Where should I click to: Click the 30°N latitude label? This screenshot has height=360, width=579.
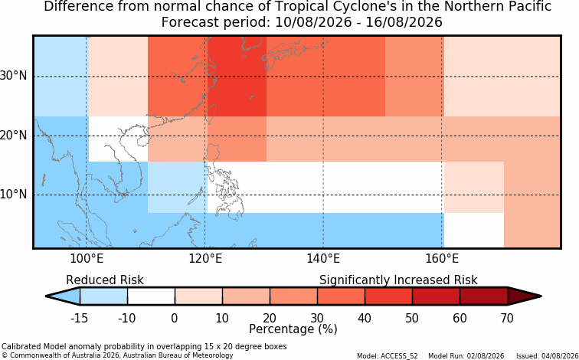coord(13,76)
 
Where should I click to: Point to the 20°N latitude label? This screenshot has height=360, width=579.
coord(13,135)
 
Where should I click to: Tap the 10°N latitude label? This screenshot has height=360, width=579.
coord(13,195)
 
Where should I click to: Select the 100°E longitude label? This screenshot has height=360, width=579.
coord(87,259)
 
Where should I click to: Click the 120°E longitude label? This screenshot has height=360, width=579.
coord(205,259)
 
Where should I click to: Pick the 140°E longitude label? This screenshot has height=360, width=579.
coord(323,259)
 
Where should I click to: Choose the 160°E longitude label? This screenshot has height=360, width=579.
coord(442,259)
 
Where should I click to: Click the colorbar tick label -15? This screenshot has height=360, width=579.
coord(79,318)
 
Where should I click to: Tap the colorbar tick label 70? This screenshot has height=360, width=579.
coord(507,318)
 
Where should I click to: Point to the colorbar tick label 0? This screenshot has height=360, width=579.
coord(175,318)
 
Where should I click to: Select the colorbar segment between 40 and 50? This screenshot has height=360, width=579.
coord(388,296)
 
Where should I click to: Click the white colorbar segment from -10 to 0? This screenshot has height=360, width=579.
coord(151,296)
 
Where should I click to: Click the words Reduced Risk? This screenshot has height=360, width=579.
coord(105,280)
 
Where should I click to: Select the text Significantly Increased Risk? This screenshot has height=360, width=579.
coord(398,280)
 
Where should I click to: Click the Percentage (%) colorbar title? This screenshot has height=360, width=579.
coord(293,329)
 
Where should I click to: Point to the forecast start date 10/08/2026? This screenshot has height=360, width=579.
coord(313,22)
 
